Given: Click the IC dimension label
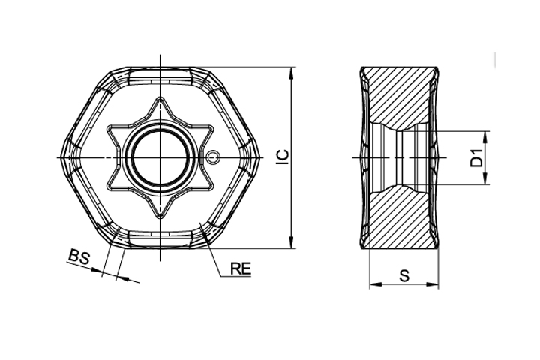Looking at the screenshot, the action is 283,157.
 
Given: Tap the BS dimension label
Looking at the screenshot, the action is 79,256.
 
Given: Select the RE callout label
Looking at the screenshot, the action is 241,268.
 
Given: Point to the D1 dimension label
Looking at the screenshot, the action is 477,158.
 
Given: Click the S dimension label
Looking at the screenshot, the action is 404,275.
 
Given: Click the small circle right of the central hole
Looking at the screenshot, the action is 214,157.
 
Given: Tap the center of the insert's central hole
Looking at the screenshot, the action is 160,157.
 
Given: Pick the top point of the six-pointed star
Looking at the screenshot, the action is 160,99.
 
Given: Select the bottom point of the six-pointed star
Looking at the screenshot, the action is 160,217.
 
